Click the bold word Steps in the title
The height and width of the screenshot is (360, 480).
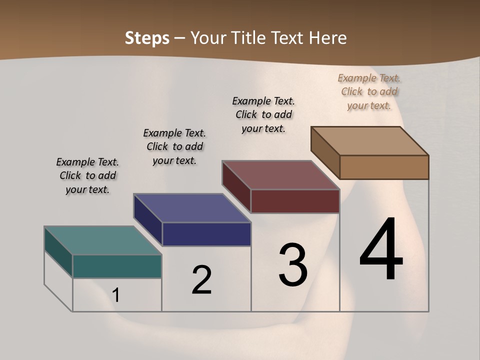point(147,38)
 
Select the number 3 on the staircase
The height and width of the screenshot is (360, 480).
point(293,265)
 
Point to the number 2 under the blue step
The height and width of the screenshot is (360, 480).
point(202,280)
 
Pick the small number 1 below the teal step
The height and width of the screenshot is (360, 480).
point(116,295)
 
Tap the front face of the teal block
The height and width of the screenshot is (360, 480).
point(117,266)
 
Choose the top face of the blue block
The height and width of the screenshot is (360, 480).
point(192,208)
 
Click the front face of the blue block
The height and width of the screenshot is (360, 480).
point(206,234)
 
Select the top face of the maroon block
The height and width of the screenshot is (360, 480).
point(280,175)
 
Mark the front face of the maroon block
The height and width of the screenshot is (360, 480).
point(295,201)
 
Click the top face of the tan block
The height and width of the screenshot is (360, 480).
point(369,141)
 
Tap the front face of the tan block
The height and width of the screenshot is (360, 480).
point(384,167)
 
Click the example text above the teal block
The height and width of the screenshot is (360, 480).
point(87,175)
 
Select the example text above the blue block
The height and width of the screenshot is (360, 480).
point(174,146)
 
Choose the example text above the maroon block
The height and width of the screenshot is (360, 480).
point(263,114)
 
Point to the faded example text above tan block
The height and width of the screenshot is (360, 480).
point(369,91)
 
